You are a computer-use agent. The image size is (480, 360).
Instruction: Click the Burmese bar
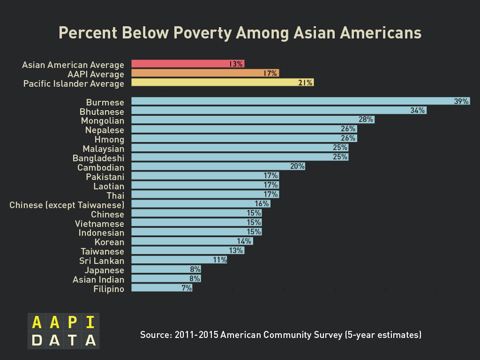pyautogui.click(x=300, y=101)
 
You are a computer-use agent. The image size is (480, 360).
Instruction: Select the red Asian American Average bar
pyautogui.click(x=187, y=64)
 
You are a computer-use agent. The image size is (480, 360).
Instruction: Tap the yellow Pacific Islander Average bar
pyautogui.click(x=222, y=82)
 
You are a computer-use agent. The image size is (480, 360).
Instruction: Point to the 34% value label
pyautogui.click(x=417, y=111)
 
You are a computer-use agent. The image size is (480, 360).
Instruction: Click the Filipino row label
pyautogui.click(x=109, y=289)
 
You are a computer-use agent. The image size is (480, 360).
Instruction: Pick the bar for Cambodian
pyautogui.click(x=218, y=166)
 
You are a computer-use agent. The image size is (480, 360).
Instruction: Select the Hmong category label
pyautogui.click(x=109, y=140)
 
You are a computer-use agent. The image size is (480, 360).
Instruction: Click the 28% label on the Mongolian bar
pyautogui.click(x=366, y=120)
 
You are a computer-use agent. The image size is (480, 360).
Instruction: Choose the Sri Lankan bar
pyautogui.click(x=179, y=260)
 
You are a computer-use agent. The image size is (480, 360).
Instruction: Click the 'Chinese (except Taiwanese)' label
pyautogui.click(x=67, y=205)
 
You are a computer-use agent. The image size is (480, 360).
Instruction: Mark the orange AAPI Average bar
pyautogui.click(x=205, y=73)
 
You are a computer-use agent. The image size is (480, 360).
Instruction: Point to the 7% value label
pyautogui.click(x=187, y=288)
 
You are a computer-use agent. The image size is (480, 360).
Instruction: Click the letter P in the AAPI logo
pyautogui.click(x=72, y=322)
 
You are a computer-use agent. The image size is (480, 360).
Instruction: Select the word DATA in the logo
pyautogui.click(x=63, y=340)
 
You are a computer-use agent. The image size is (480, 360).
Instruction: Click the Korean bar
pyautogui.click(x=192, y=241)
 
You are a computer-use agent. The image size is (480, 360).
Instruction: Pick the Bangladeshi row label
pyautogui.click(x=98, y=158)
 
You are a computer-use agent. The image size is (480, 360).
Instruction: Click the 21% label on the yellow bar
pyautogui.click(x=305, y=83)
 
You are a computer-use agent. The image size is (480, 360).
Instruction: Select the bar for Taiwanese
pyautogui.click(x=187, y=250)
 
